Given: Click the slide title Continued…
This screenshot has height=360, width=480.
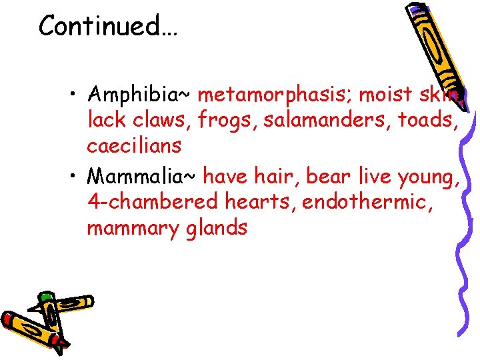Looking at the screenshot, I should coord(107,26).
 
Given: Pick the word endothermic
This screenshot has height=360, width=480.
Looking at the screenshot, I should coord(368,203).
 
